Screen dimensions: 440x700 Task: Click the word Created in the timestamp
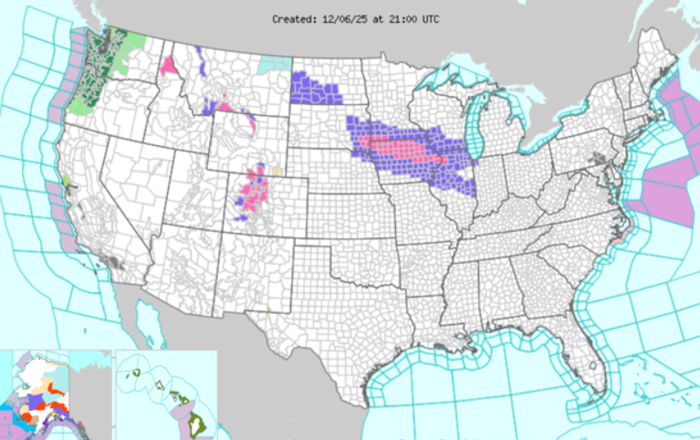pos(292,18)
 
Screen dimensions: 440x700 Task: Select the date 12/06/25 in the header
pos(344,18)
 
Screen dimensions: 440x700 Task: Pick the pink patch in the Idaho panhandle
pos(169,66)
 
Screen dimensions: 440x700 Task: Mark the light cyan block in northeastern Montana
pos(273,65)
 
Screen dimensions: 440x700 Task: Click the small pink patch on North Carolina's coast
pos(618,236)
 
